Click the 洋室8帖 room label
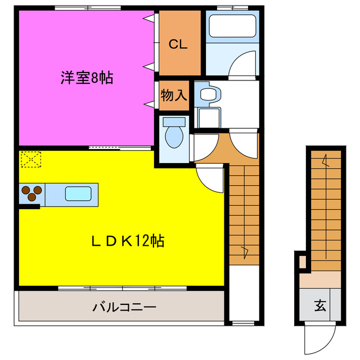click(x=87, y=79)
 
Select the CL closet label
click(x=178, y=43)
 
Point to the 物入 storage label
click(x=173, y=95)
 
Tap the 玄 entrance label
click(x=320, y=307)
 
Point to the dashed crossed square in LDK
click(x=30, y=160)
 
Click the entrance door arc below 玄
click(x=318, y=340)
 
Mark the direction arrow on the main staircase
click(x=245, y=251)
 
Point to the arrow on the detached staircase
click(x=325, y=161)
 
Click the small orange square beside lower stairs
click(x=303, y=262)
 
